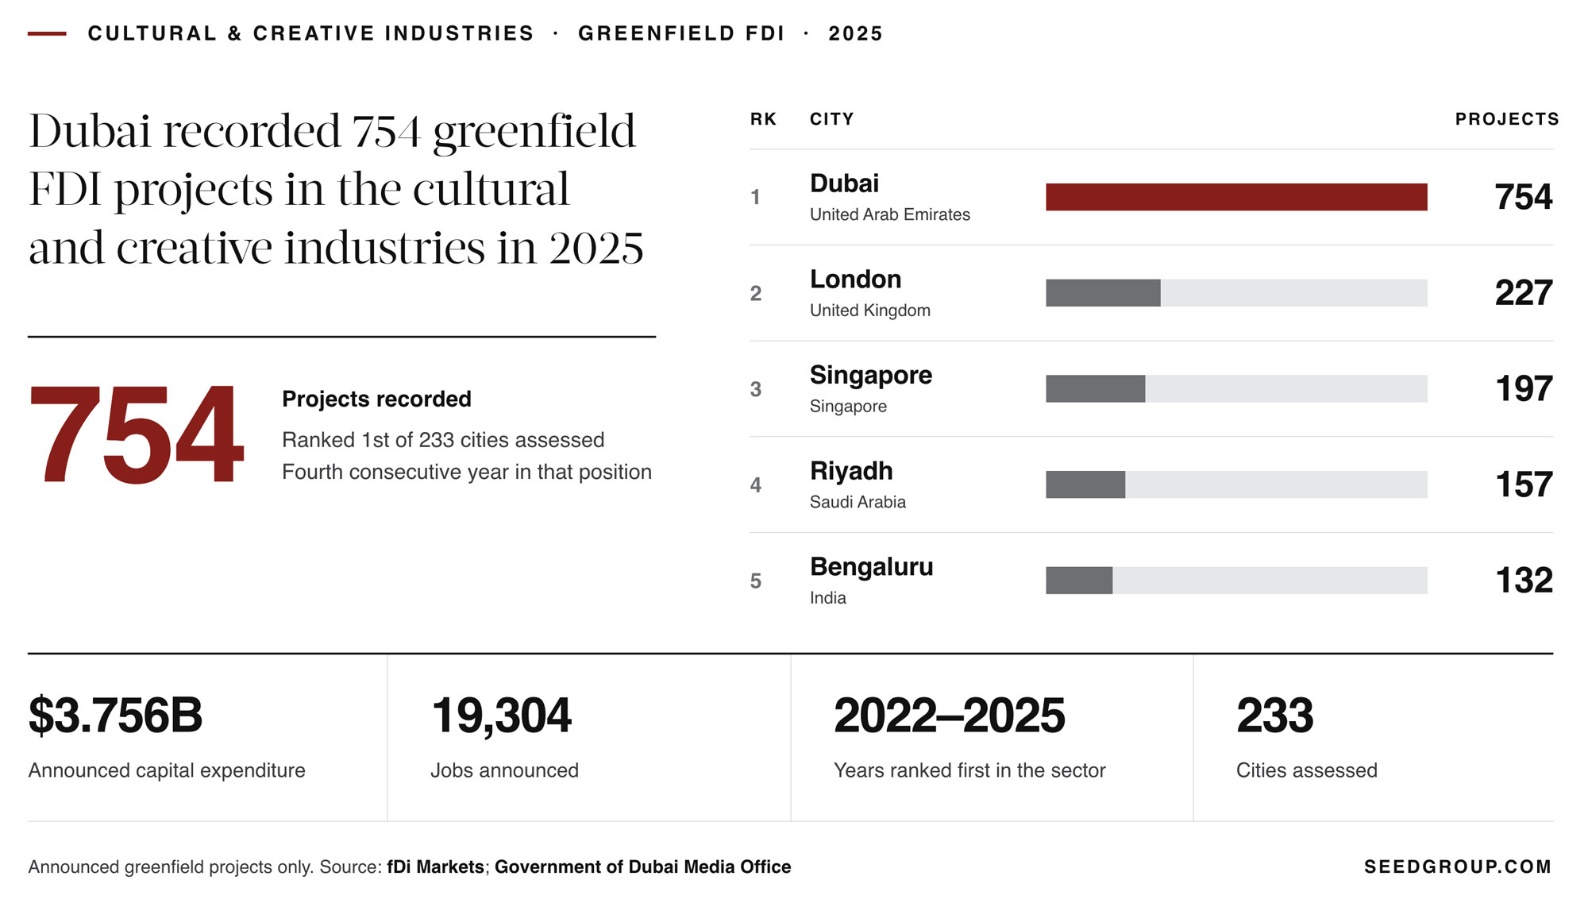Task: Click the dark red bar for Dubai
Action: (1236, 197)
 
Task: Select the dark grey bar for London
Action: (1103, 293)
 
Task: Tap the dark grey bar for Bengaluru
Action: (1079, 581)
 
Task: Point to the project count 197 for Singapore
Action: (1524, 389)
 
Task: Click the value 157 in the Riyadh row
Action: (1524, 484)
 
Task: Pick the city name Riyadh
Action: (851, 471)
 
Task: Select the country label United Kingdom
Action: (870, 311)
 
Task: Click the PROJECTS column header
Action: (1507, 119)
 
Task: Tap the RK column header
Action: (763, 119)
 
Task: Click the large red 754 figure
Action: (136, 434)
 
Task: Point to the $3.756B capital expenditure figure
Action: (116, 716)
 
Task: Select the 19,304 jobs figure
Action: (501, 716)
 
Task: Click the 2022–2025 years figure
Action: (950, 716)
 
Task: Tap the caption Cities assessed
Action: (1307, 770)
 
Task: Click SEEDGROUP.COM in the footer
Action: (1458, 867)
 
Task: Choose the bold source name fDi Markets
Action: (436, 867)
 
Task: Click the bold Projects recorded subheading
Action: (376, 399)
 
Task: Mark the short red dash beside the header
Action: (47, 33)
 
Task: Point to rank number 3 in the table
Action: (756, 389)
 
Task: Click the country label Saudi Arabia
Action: (858, 502)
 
